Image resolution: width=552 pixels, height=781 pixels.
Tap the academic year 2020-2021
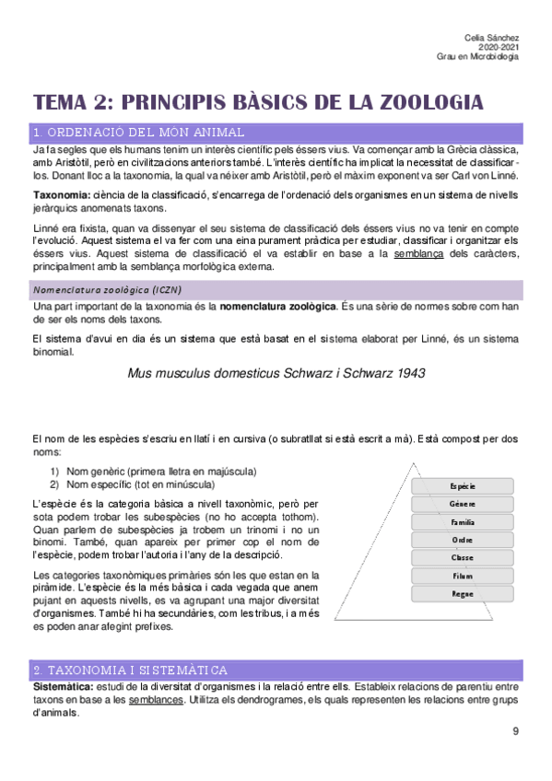pyautogui.click(x=500, y=46)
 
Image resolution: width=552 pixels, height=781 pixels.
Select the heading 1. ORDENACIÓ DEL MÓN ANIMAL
pyautogui.click(x=138, y=133)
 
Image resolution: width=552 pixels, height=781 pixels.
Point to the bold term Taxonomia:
pyautogui.click(x=61, y=195)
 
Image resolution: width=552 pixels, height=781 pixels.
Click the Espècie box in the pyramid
pyautogui.click(x=463, y=485)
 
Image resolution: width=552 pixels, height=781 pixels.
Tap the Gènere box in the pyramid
pyautogui.click(x=463, y=504)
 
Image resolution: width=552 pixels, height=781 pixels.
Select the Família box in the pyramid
pyautogui.click(x=463, y=521)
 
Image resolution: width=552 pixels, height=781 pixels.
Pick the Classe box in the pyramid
pyautogui.click(x=463, y=557)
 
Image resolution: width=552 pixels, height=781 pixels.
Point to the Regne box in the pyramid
pyautogui.click(x=463, y=593)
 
